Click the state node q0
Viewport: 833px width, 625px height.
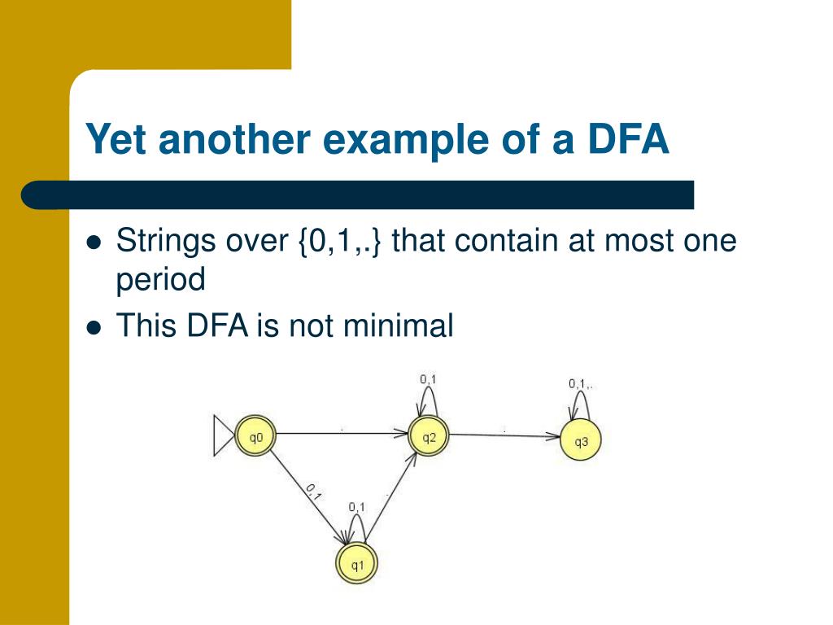tap(255, 438)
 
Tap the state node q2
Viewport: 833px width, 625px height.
tap(429, 438)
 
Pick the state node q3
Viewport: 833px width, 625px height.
tap(581, 442)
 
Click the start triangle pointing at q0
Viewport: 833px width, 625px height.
tap(222, 437)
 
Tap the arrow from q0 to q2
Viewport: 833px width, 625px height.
tap(342, 434)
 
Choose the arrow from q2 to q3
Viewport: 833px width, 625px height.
tap(504, 435)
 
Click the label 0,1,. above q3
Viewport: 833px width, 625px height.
tap(581, 383)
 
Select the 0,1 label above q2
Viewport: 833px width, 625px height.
tap(428, 378)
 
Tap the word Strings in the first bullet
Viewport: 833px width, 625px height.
tap(164, 242)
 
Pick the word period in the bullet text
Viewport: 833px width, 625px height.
tap(161, 280)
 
